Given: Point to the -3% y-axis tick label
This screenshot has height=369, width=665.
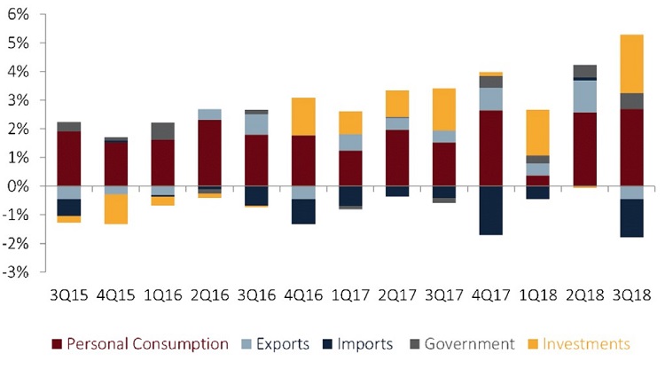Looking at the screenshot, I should pos(18,272).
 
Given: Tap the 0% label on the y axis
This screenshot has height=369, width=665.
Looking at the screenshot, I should pos(20,186).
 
